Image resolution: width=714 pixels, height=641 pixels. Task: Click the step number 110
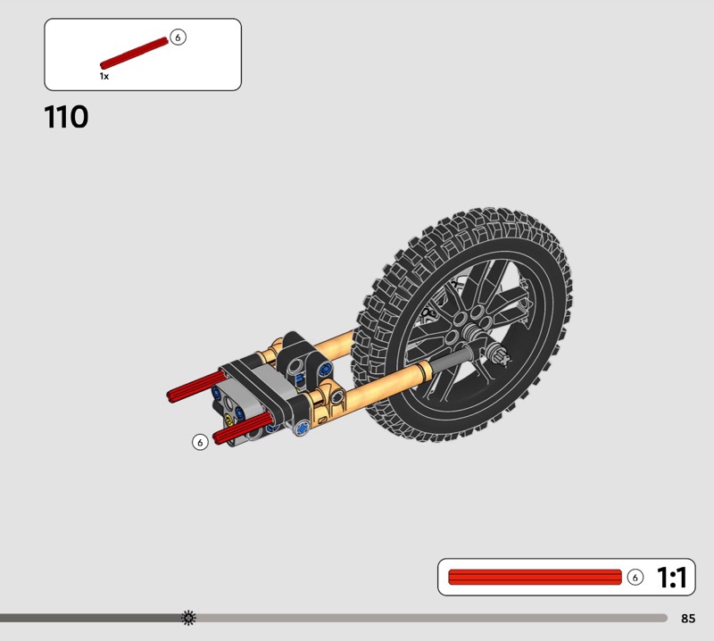pos(66,117)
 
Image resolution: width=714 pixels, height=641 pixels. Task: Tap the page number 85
pos(688,618)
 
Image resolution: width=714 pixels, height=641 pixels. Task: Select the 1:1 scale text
pos(672,578)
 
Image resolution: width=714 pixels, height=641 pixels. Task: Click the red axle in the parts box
pos(134,54)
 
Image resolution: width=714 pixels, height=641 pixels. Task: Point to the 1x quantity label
pos(104,76)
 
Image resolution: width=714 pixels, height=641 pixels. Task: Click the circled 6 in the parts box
pos(178,37)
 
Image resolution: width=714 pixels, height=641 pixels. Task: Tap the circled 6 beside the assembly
pos(200,442)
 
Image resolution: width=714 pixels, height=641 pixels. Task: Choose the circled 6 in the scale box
pos(635,578)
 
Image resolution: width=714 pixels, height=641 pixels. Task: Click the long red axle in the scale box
pos(535,577)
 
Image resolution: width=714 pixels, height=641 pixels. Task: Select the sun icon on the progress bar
pos(188,618)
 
